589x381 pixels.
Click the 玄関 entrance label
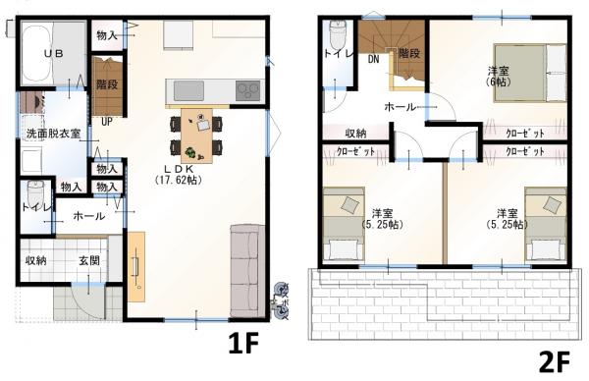[x=88, y=260]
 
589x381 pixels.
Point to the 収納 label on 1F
[x=36, y=260]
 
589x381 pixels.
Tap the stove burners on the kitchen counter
[x=245, y=90]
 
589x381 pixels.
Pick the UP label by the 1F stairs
[x=106, y=122]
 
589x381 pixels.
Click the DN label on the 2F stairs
[x=373, y=59]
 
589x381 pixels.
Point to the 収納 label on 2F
[x=356, y=133]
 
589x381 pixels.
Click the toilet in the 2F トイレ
[x=337, y=39]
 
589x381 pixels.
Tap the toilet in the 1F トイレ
[x=36, y=193]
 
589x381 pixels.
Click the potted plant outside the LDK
[x=283, y=296]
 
